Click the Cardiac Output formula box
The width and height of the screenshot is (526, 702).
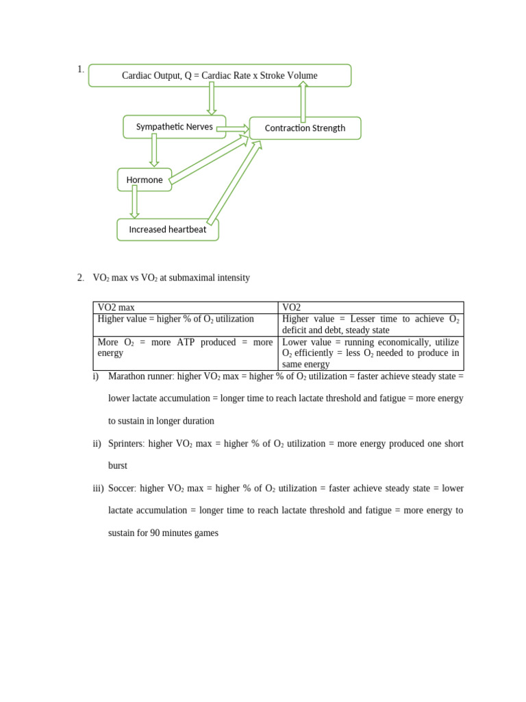pyautogui.click(x=219, y=75)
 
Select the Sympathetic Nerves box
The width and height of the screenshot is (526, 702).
pyautogui.click(x=174, y=127)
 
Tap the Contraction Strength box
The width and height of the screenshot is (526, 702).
pyautogui.click(x=305, y=128)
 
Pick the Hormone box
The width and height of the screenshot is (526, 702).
pyautogui.click(x=145, y=180)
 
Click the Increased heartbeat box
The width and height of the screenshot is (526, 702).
pyautogui.click(x=168, y=230)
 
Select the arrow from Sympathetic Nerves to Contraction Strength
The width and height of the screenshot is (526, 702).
pyautogui.click(x=233, y=128)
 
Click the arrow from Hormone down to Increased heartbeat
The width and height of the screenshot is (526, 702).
pyautogui.click(x=134, y=202)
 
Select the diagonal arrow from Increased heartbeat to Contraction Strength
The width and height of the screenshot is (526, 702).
pyautogui.click(x=234, y=183)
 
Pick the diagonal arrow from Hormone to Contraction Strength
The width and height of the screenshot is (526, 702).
pyautogui.click(x=208, y=160)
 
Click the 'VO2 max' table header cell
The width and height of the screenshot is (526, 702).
pyautogui.click(x=185, y=308)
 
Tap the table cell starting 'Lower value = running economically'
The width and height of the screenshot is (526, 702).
pyautogui.click(x=371, y=352)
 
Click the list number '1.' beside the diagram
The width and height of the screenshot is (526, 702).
pyautogui.click(x=80, y=69)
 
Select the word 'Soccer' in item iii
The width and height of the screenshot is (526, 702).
pyautogui.click(x=122, y=488)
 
